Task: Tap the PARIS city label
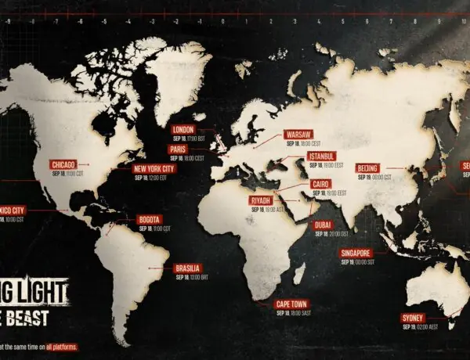point(176,149)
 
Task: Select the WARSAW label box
point(299,135)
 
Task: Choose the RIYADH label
point(260,200)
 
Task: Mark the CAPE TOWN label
point(291,303)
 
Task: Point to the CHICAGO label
point(63,164)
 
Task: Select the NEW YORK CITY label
point(154,168)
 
